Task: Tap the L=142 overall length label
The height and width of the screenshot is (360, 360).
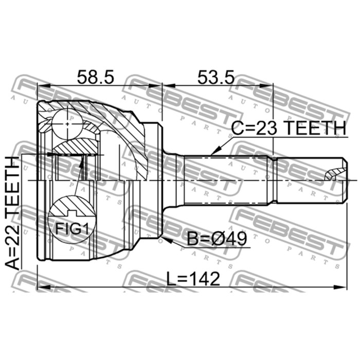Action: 194,279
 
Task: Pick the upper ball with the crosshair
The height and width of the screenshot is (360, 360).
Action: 67,123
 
